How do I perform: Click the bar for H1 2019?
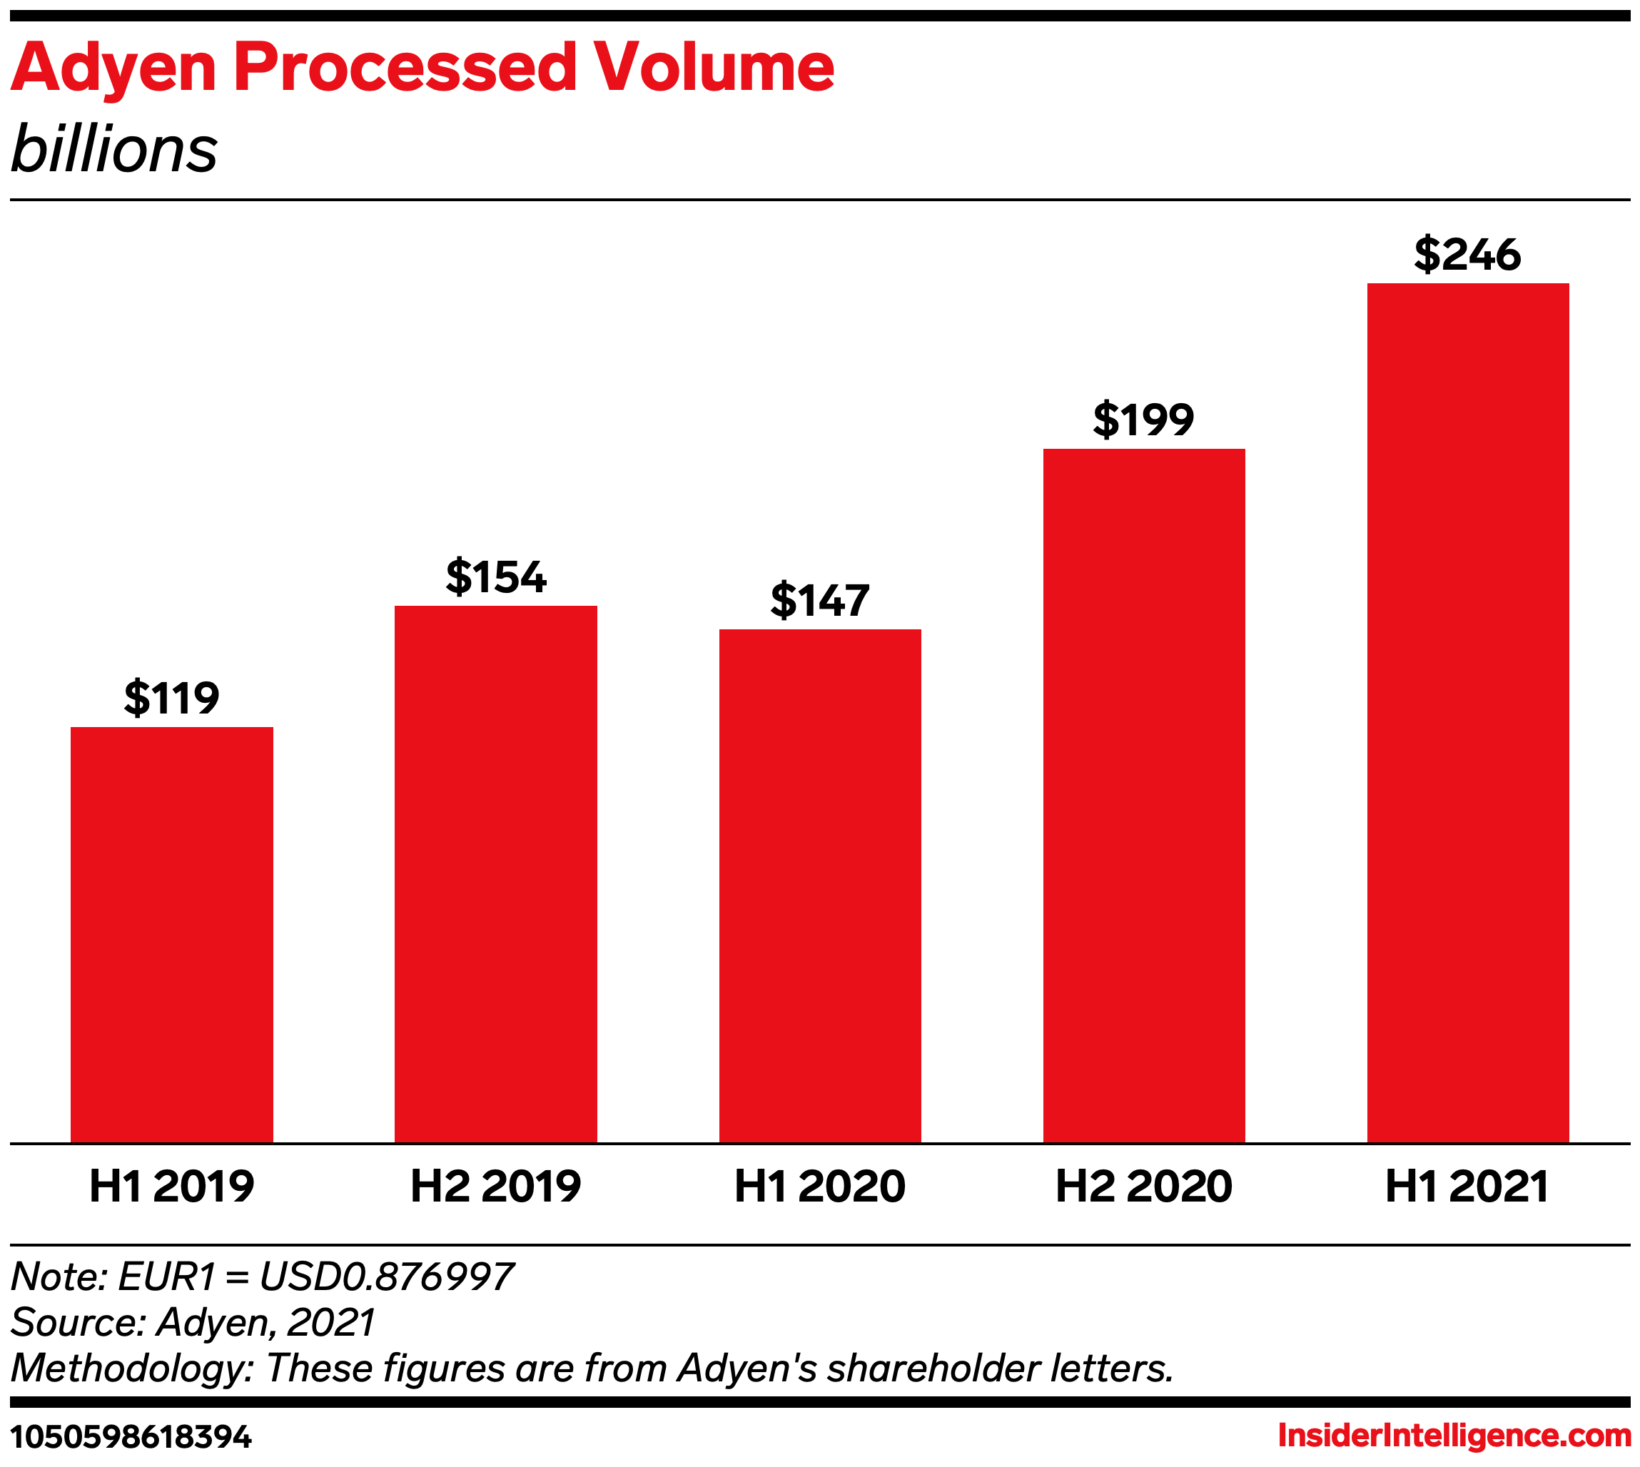click(x=172, y=934)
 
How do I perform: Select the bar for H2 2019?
click(x=496, y=874)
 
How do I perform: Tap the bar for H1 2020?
click(x=820, y=886)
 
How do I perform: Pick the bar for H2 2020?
click(x=1144, y=796)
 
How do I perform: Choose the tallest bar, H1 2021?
click(x=1468, y=713)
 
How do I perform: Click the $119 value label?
click(x=172, y=697)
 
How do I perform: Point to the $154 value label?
click(x=496, y=577)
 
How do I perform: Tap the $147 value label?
click(x=820, y=601)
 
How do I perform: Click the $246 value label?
click(x=1468, y=254)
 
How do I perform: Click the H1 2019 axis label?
click(x=172, y=1186)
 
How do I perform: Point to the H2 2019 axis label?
click(x=496, y=1186)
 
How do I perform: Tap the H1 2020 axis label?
click(x=820, y=1186)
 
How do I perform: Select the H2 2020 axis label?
click(x=1144, y=1186)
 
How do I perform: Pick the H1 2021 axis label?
click(x=1468, y=1186)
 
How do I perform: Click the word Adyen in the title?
click(x=113, y=68)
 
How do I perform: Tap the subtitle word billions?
click(x=113, y=149)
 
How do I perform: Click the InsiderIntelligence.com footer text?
click(x=1454, y=1435)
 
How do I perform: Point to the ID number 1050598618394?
click(x=131, y=1436)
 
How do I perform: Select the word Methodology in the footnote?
click(x=131, y=1369)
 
